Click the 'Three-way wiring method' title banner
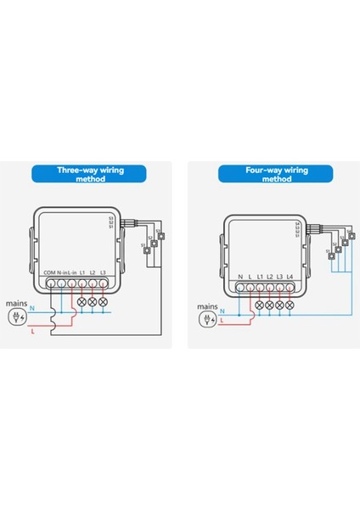(90, 175)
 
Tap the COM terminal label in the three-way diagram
(49, 272)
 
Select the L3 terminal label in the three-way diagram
(103, 272)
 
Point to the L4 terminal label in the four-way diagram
(290, 277)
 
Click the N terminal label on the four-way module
(240, 277)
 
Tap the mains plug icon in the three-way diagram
(14, 317)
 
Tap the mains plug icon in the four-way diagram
(204, 320)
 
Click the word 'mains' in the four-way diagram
(207, 306)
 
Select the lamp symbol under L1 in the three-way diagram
(82, 301)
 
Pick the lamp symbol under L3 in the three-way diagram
(103, 301)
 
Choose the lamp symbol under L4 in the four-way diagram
(290, 305)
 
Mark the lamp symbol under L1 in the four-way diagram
(260, 305)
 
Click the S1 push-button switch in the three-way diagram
(146, 249)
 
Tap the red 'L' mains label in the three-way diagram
(32, 333)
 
